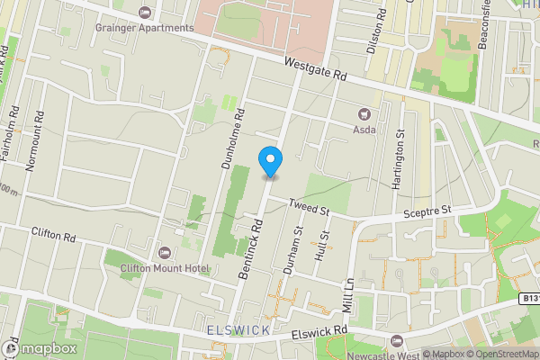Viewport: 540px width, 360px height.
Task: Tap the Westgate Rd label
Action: tap(314, 71)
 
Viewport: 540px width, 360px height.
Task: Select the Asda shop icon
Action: tap(364, 114)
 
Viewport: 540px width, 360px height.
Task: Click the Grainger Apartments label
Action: tap(145, 28)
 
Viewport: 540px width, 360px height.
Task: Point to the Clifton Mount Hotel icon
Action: tap(163, 253)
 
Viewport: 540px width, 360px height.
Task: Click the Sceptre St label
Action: tap(426, 211)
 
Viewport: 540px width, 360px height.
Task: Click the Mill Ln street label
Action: tap(348, 292)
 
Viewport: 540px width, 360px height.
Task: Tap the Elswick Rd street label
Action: tap(320, 334)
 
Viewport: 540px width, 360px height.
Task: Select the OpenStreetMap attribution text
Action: tap(501, 353)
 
